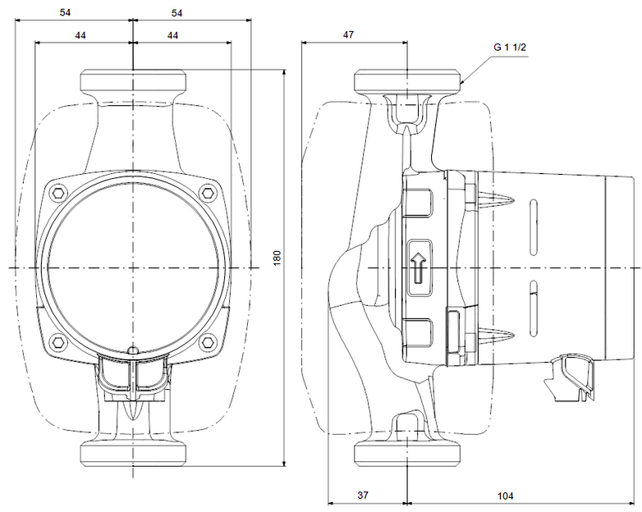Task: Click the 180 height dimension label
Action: tap(277, 258)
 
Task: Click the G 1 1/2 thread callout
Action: tap(510, 47)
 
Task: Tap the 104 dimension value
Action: tap(505, 496)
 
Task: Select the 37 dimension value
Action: tap(363, 496)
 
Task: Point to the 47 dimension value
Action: tap(348, 34)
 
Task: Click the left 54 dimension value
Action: tap(65, 12)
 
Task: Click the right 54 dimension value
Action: tap(177, 13)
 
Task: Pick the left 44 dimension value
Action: tap(80, 35)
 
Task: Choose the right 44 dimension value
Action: tap(172, 35)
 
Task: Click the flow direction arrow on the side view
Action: tap(419, 267)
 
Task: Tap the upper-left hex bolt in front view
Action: tap(57, 192)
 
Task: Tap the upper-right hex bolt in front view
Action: tap(209, 192)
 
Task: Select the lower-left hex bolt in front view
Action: tap(57, 341)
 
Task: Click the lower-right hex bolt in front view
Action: tap(209, 341)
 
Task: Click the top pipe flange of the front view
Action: tap(133, 80)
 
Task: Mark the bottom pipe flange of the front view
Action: tap(133, 454)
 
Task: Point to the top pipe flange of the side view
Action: tap(407, 80)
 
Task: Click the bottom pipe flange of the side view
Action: tap(407, 454)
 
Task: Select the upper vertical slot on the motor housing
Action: tap(533, 227)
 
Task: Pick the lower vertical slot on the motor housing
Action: tap(533, 309)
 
